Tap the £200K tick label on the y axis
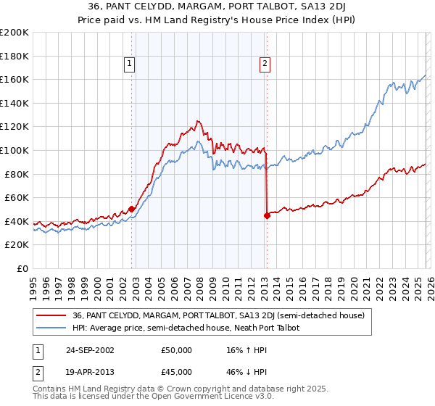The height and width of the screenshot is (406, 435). [x=14, y=33]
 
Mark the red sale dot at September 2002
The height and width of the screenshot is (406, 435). [x=131, y=209]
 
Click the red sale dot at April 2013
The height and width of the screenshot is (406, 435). [x=266, y=215]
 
